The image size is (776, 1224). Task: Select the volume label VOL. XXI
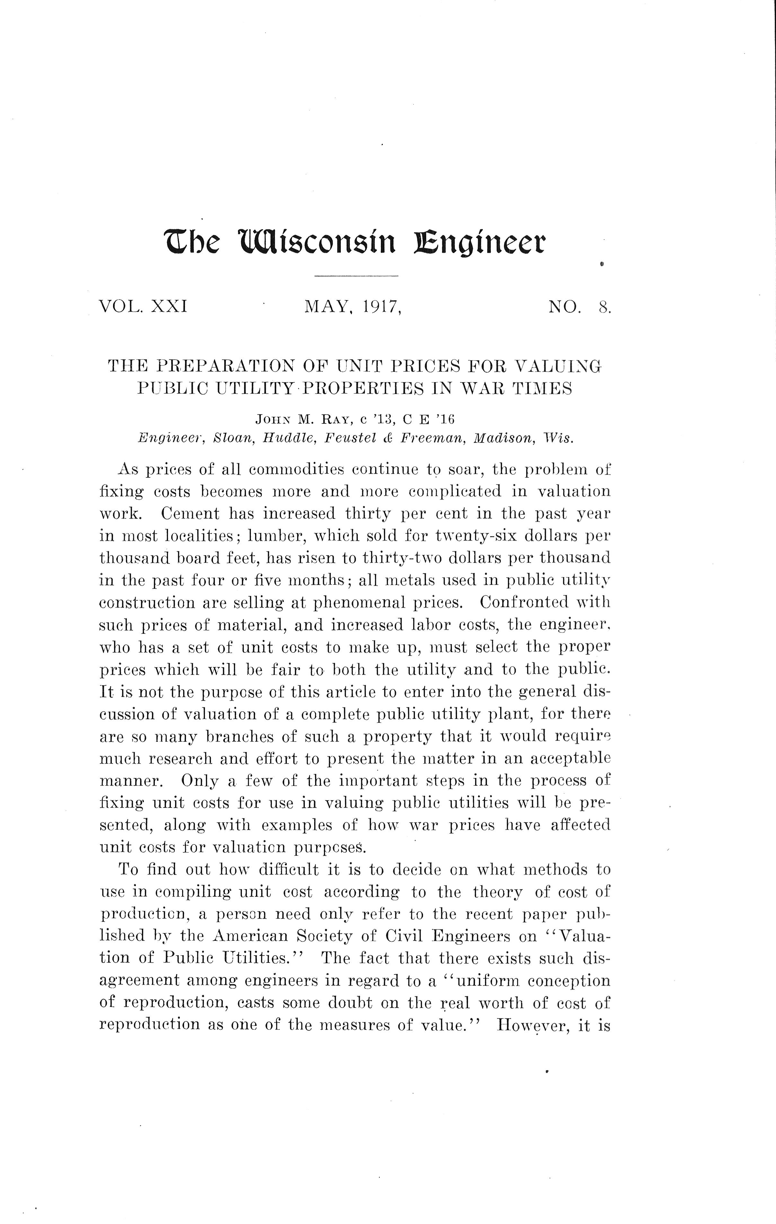tap(143, 307)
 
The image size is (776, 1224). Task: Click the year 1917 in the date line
tap(382, 307)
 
